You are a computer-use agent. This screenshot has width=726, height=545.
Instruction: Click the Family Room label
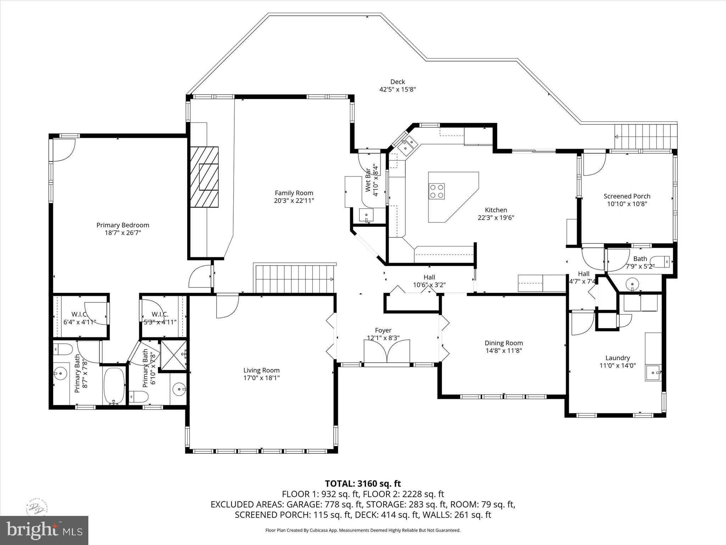(x=294, y=193)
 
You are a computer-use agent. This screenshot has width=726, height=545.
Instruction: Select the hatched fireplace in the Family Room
(x=205, y=177)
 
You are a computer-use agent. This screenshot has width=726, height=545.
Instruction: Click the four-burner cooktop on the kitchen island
(x=437, y=191)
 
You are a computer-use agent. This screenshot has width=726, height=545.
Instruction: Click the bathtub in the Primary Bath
(x=114, y=386)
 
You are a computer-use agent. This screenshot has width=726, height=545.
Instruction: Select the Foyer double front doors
(x=387, y=351)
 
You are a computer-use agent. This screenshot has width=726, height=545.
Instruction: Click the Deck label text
(x=397, y=82)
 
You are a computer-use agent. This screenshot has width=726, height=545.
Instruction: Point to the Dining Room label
(x=503, y=343)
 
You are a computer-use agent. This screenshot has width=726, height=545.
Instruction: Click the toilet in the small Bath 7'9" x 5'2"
(x=661, y=262)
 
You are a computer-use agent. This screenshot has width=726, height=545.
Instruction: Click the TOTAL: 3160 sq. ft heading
(x=363, y=484)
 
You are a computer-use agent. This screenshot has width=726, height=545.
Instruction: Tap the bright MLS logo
(x=44, y=530)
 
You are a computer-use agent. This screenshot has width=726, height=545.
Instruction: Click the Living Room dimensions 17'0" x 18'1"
(x=261, y=378)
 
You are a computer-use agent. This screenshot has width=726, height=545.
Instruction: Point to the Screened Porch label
(x=627, y=196)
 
